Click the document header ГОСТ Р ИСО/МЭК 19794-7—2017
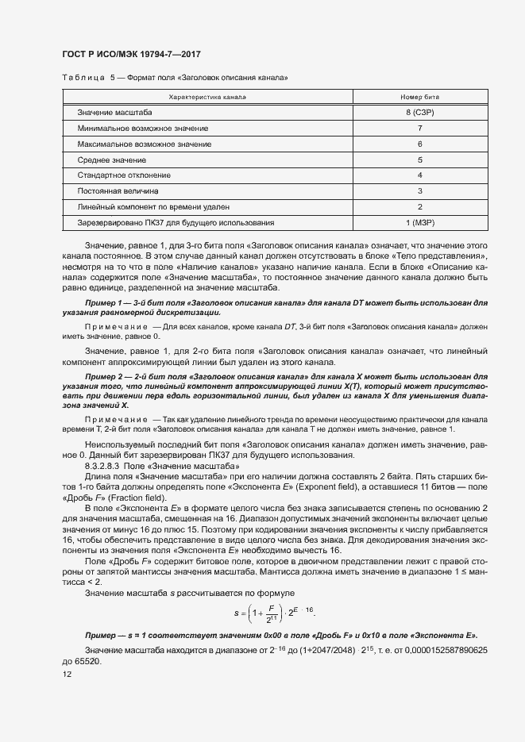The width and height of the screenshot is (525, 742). [131, 54]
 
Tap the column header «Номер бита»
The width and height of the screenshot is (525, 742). [419, 97]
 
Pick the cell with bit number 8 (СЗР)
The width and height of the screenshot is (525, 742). [419, 113]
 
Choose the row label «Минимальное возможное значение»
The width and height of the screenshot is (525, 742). [143, 129]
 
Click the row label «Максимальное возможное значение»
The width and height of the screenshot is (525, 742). [145, 144]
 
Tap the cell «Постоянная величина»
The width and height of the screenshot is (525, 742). [118, 191]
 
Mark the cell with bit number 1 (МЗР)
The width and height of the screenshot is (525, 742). [419, 223]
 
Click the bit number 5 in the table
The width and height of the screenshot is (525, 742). [419, 160]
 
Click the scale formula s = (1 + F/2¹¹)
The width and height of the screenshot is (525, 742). [273, 613]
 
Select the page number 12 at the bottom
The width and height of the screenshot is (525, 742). [67, 675]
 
